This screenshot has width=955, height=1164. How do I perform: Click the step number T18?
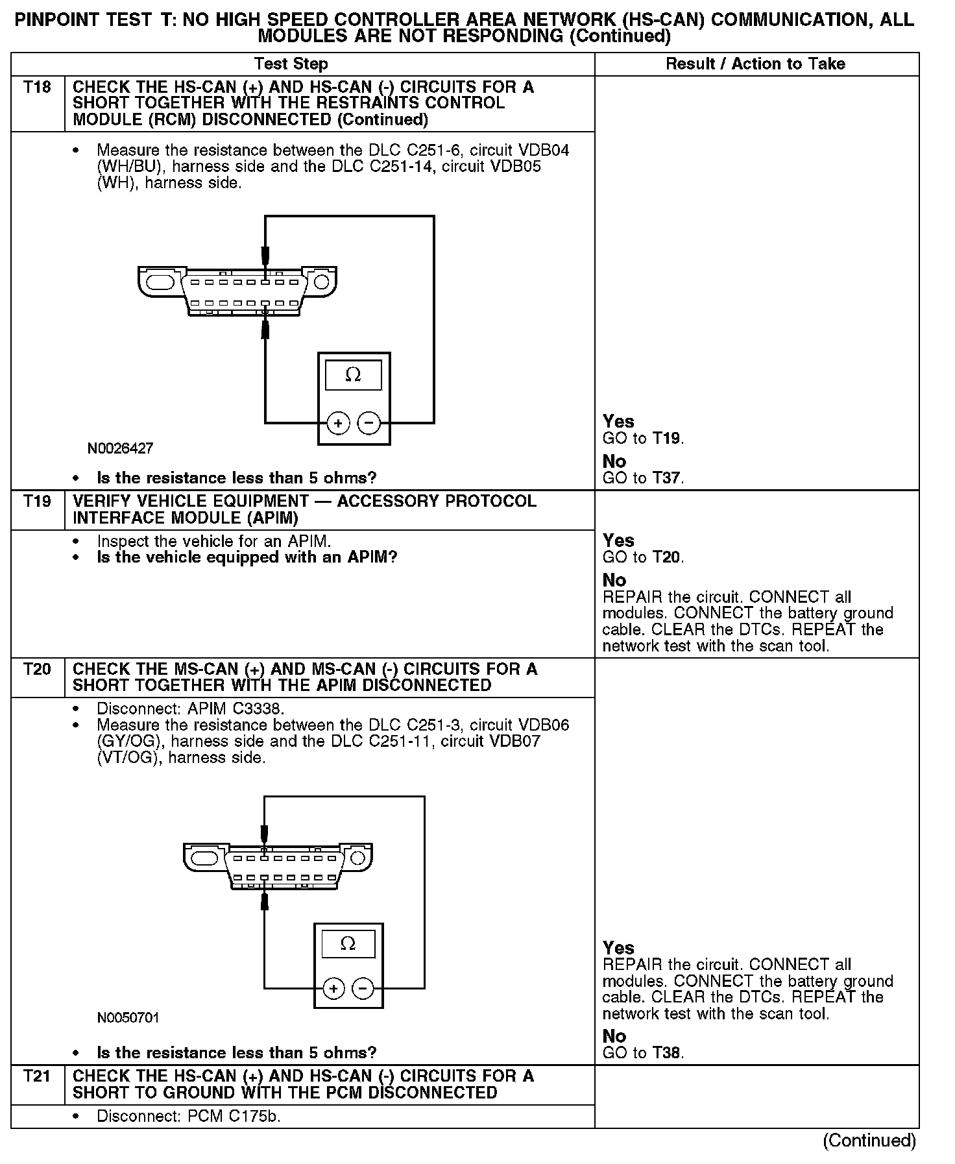(x=37, y=87)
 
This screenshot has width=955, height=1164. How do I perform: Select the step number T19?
(x=37, y=501)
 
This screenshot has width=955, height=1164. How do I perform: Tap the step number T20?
(x=37, y=669)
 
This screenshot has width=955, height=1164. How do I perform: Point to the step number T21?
(x=37, y=1076)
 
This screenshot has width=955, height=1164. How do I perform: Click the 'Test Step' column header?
(x=291, y=64)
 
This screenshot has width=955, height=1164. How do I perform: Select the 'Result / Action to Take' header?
(x=756, y=64)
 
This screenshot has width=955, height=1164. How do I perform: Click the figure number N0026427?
(x=121, y=448)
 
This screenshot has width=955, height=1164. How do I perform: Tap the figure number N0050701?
(x=128, y=1017)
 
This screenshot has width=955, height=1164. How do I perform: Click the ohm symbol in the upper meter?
(x=353, y=375)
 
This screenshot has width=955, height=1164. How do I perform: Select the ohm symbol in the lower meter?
(x=348, y=943)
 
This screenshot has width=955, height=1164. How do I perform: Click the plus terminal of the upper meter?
(x=338, y=424)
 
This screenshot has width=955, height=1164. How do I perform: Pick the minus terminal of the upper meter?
(x=369, y=424)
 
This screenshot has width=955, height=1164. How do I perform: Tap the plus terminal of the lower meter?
(x=333, y=989)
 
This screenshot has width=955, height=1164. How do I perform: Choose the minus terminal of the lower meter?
(x=363, y=989)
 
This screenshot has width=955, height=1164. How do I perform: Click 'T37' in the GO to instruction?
(x=667, y=478)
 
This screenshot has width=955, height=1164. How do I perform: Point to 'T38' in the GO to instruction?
(x=667, y=1053)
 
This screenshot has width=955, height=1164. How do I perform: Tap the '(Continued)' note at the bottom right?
(x=869, y=1141)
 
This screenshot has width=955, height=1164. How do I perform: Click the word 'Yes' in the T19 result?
(x=618, y=540)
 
